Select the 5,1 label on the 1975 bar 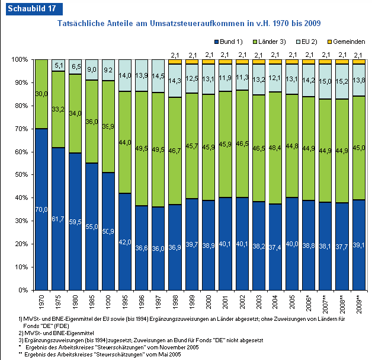tap(58, 66)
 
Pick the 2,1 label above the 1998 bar tap(175, 55)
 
